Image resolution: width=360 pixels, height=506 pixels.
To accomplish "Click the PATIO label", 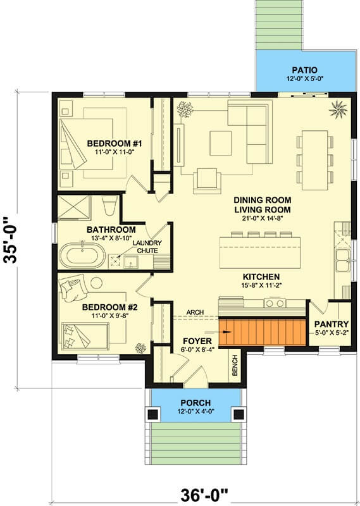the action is point(304,70).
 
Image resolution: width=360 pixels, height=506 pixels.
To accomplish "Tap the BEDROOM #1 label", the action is point(110,144).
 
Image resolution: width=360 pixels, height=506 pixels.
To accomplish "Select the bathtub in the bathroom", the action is point(82,256).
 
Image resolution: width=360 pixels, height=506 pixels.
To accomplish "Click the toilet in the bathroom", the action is point(109,205).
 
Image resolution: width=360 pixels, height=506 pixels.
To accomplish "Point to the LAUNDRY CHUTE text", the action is point(147,247).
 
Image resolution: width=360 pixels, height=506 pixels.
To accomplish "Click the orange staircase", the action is point(263,332).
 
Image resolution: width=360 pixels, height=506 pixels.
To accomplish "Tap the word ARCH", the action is point(195,312).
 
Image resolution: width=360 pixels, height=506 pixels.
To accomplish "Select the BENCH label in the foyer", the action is point(235,366).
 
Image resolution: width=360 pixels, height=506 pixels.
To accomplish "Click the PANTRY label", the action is point(332,324).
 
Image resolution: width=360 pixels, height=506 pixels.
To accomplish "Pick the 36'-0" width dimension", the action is point(204,495).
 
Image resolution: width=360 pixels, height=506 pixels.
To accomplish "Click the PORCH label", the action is point(196,403).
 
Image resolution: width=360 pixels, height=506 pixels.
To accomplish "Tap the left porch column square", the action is point(153,414).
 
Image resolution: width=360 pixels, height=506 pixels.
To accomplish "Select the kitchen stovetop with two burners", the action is point(275,303).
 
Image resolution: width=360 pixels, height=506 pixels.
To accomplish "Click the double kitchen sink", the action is point(342,260).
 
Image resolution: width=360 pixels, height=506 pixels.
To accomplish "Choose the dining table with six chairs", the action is point(315,160).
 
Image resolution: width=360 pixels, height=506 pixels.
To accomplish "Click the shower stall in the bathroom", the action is point(75,207).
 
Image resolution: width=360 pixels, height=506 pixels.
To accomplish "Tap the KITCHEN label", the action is point(261,277).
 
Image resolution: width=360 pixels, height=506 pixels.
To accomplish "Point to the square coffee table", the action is point(221,143).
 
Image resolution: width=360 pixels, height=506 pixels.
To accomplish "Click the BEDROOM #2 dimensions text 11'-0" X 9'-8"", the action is point(110,316).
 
